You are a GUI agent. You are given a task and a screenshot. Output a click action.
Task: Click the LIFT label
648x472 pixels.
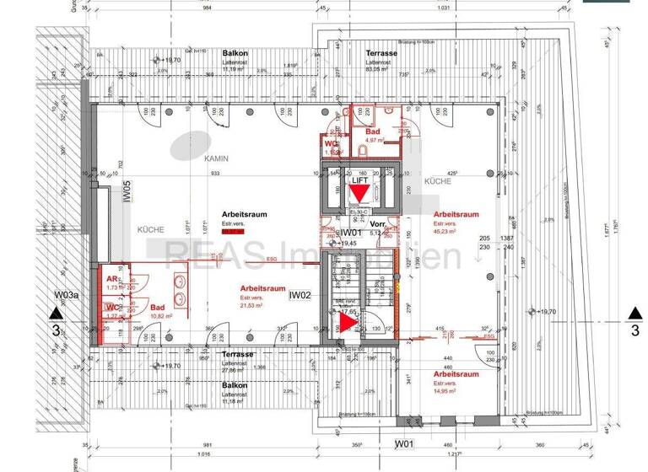pyautogui.click(x=359, y=180)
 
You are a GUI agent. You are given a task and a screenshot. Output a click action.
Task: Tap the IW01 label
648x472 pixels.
pyautogui.click(x=349, y=233)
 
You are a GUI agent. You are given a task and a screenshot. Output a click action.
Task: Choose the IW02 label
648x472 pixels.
pyautogui.click(x=301, y=295)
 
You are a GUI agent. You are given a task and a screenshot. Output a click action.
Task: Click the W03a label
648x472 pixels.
pyautogui.click(x=67, y=295)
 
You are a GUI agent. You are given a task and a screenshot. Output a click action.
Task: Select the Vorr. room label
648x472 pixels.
pyautogui.click(x=377, y=224)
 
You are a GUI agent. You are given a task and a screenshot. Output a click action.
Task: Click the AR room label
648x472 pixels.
pyautogui.click(x=111, y=278)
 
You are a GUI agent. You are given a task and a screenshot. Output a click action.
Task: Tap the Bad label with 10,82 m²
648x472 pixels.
pyautogui.click(x=157, y=308)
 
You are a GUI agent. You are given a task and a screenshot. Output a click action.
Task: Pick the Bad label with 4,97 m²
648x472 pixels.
pyautogui.click(x=372, y=133)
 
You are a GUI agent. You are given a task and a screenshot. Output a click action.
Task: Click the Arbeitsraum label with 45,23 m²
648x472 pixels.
pyautogui.click(x=456, y=214)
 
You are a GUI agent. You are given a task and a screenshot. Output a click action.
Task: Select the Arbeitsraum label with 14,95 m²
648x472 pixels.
pyautogui.click(x=456, y=373)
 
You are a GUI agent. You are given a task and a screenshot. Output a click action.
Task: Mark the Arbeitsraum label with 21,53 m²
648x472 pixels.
pyautogui.click(x=262, y=287)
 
